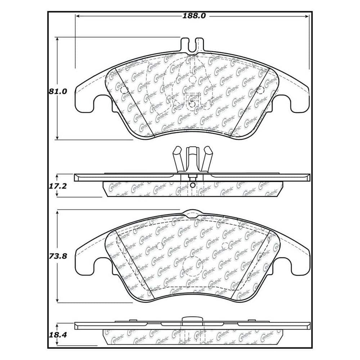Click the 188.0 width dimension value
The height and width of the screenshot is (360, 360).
point(194,16)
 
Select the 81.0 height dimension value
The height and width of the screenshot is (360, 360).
point(58,91)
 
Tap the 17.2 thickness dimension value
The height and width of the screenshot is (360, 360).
point(58,186)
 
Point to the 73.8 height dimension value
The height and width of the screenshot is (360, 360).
point(58,256)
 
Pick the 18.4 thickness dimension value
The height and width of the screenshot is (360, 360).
point(58,335)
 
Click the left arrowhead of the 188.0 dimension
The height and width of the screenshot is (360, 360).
point(78,16)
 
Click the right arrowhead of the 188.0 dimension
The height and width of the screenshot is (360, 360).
point(307,16)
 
